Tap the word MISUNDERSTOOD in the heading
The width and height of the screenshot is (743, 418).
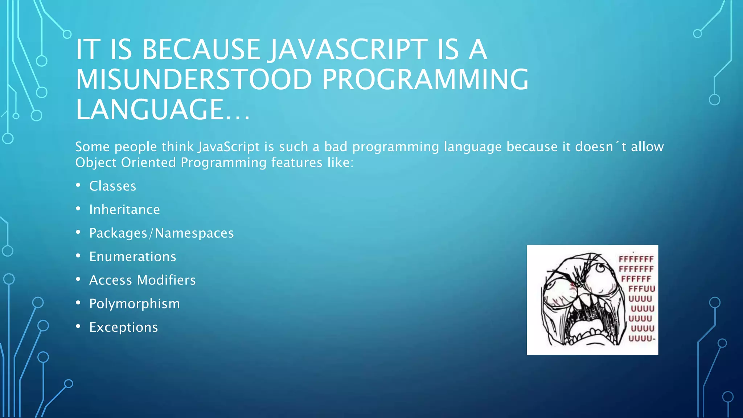pos(194,80)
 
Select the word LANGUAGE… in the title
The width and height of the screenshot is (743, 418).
pos(163,110)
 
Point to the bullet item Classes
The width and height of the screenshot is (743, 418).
pos(112,186)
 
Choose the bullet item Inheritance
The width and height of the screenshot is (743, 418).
pos(124,210)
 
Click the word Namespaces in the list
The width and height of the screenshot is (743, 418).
pos(194,233)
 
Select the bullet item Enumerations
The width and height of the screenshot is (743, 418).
pos(133,257)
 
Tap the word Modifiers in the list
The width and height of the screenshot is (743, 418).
pos(166,280)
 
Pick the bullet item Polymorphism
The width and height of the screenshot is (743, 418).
pos(135,304)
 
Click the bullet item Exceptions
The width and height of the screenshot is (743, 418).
pos(124,327)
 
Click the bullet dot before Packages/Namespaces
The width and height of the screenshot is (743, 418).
pos(78,232)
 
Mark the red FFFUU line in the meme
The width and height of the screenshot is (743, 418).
pos(642,289)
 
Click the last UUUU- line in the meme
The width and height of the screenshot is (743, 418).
pos(642,339)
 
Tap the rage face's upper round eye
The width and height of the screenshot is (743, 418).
pos(600,269)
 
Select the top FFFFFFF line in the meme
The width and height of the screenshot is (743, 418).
pos(636,259)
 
